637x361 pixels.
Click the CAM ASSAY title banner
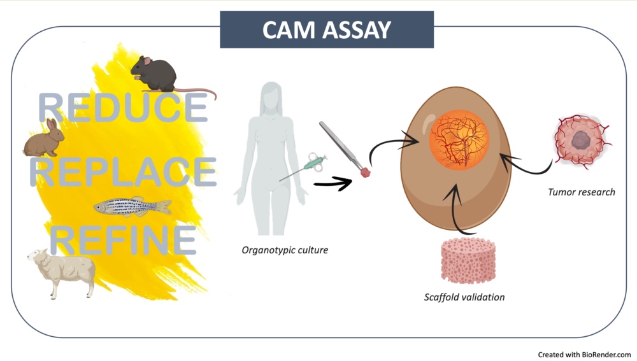pyautogui.click(x=327, y=29)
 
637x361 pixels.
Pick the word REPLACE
pyautogui.click(x=124, y=173)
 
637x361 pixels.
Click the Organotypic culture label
pyautogui.click(x=285, y=250)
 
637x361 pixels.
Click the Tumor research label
pyautogui.click(x=581, y=192)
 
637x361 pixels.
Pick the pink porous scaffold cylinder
pyautogui.click(x=468, y=262)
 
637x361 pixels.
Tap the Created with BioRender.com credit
pyautogui.click(x=584, y=354)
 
